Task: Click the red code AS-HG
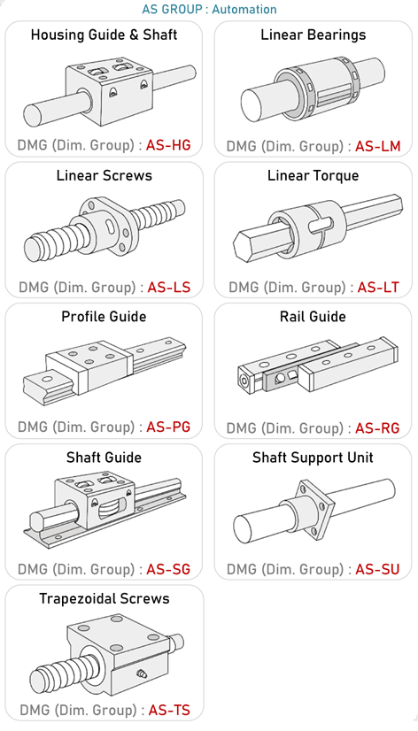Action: click(x=168, y=145)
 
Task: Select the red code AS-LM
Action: click(x=378, y=146)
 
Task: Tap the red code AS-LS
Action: click(x=169, y=287)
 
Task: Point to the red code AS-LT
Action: click(x=378, y=288)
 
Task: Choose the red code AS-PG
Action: click(x=168, y=427)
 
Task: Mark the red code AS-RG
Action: click(x=377, y=428)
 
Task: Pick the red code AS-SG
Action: click(x=168, y=569)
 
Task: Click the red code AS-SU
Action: click(x=377, y=569)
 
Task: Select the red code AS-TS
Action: click(x=169, y=710)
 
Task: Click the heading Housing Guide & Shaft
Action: click(x=104, y=35)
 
